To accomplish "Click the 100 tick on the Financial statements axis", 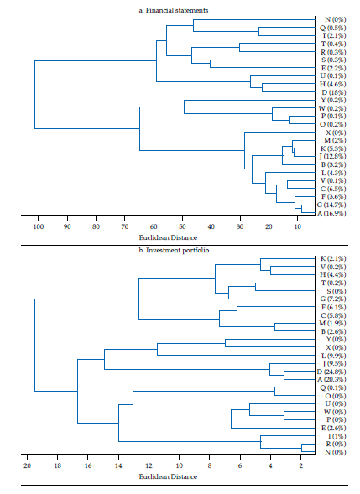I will pyautogui.click(x=38, y=226).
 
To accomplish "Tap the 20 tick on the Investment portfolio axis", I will pyautogui.click(x=27, y=465).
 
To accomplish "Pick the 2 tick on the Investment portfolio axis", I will pyautogui.click(x=300, y=465).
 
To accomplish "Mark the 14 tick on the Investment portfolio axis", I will pyautogui.click(x=118, y=465).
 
